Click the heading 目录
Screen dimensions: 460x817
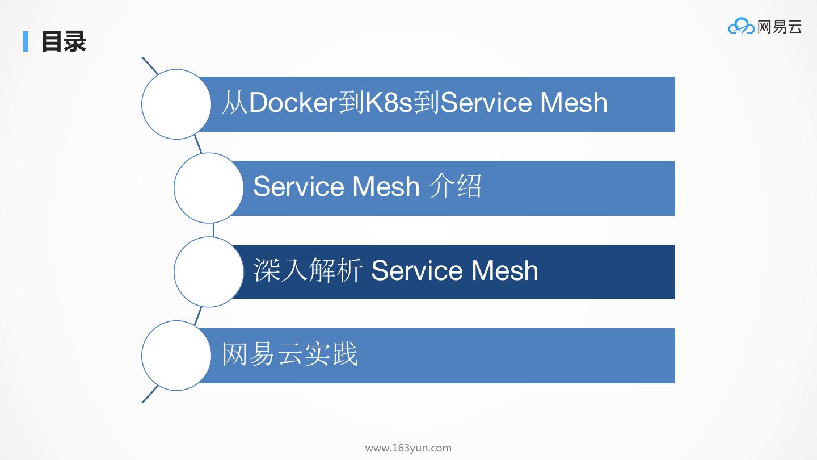(64, 42)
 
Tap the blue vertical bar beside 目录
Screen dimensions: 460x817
(26, 41)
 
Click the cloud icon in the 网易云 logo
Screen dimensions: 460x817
(741, 26)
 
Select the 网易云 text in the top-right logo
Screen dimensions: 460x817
(780, 26)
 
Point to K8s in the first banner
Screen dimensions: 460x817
(389, 103)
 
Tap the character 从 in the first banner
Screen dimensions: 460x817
(234, 103)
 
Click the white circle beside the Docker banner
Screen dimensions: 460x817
(176, 104)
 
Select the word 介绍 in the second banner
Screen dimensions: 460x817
(455, 186)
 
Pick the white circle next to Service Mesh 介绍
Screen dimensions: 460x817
(209, 188)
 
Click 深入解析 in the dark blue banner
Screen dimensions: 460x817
(308, 270)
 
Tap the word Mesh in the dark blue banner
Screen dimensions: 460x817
(504, 270)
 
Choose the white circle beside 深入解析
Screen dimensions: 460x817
(209, 272)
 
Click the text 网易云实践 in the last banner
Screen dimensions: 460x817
(290, 354)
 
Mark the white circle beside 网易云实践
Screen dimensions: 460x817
(176, 356)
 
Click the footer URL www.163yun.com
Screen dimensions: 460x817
(408, 448)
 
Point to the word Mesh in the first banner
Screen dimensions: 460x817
(574, 103)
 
